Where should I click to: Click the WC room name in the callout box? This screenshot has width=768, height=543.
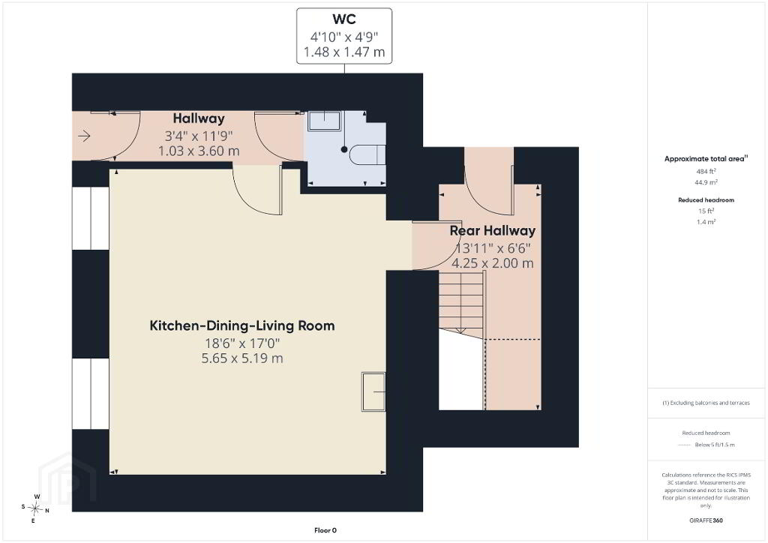[343, 19]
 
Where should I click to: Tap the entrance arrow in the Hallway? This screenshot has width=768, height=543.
[84, 136]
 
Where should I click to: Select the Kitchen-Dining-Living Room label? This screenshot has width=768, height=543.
[242, 325]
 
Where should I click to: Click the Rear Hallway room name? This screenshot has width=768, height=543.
[492, 230]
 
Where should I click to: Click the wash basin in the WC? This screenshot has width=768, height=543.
[324, 121]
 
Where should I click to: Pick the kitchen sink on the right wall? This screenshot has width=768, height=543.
[373, 391]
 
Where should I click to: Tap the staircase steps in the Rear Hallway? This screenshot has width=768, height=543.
[461, 304]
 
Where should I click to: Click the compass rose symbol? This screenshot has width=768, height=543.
[35, 508]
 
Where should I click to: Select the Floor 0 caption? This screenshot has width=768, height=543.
[325, 530]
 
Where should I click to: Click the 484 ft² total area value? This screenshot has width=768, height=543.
[706, 171]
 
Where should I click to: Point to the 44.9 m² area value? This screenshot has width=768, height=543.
[706, 182]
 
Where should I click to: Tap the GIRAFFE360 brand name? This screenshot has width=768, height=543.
[706, 520]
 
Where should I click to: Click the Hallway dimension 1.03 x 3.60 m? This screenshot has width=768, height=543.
[199, 151]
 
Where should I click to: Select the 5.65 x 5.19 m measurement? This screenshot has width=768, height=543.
[242, 358]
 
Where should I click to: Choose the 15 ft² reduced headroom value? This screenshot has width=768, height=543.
[706, 211]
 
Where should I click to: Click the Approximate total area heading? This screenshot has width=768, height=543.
[706, 159]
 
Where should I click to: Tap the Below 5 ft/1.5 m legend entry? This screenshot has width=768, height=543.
[715, 445]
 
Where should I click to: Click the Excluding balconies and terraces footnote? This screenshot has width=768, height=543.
[706, 403]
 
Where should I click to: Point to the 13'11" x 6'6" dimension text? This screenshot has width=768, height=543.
[493, 248]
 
